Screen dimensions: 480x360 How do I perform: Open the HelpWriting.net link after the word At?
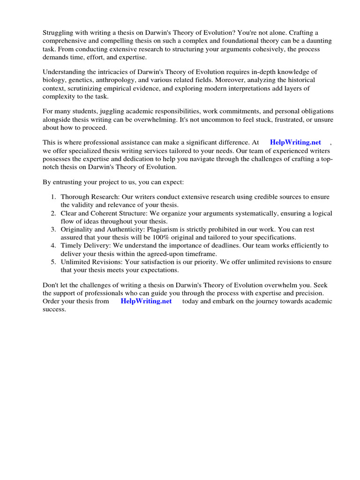coord(295,142)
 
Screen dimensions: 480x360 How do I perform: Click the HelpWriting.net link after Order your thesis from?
coord(146,301)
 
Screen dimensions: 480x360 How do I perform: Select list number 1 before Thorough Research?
coord(53,197)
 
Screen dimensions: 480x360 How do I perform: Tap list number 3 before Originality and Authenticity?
coord(53,229)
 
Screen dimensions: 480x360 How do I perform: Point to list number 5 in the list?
coord(53,262)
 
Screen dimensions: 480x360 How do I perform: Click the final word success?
coord(54,310)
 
